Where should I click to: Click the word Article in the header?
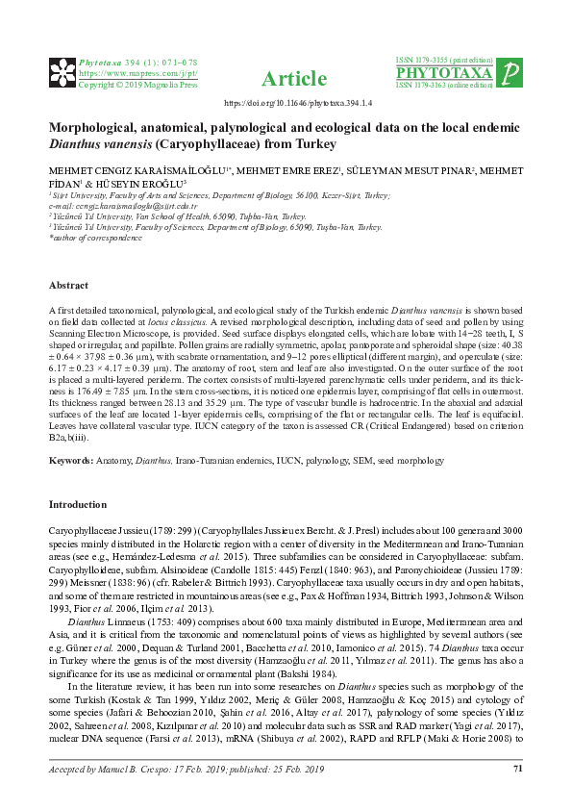286,78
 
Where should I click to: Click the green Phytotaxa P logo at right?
513,73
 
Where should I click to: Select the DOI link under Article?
286,101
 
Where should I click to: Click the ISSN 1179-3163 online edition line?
448,86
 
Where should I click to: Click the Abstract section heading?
68,286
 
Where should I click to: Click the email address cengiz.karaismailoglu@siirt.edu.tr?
124,206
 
